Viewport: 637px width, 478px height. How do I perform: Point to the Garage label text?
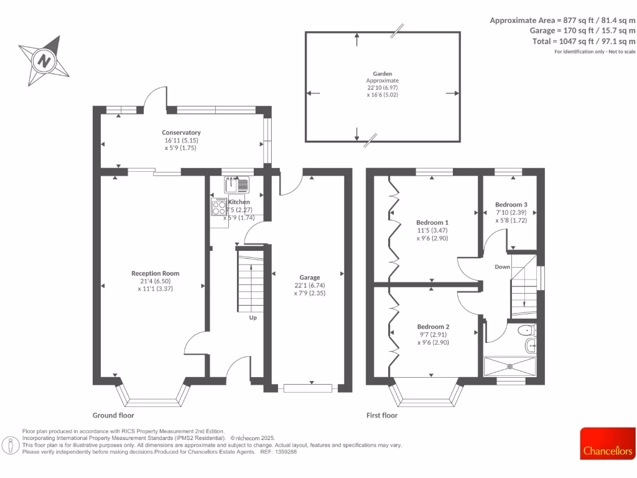309,278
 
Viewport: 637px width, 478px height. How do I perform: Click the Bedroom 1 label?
432,222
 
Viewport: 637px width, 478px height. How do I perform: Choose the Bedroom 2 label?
433,327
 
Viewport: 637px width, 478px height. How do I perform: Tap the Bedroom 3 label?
511,204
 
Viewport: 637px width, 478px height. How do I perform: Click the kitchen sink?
236,184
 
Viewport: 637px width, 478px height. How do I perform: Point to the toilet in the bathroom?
527,330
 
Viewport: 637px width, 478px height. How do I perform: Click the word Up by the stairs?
253,317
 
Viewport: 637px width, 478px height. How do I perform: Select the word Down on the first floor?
503,267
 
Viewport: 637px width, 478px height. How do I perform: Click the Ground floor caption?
113,415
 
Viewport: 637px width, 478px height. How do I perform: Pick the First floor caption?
382,415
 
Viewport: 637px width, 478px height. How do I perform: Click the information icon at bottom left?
11,445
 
